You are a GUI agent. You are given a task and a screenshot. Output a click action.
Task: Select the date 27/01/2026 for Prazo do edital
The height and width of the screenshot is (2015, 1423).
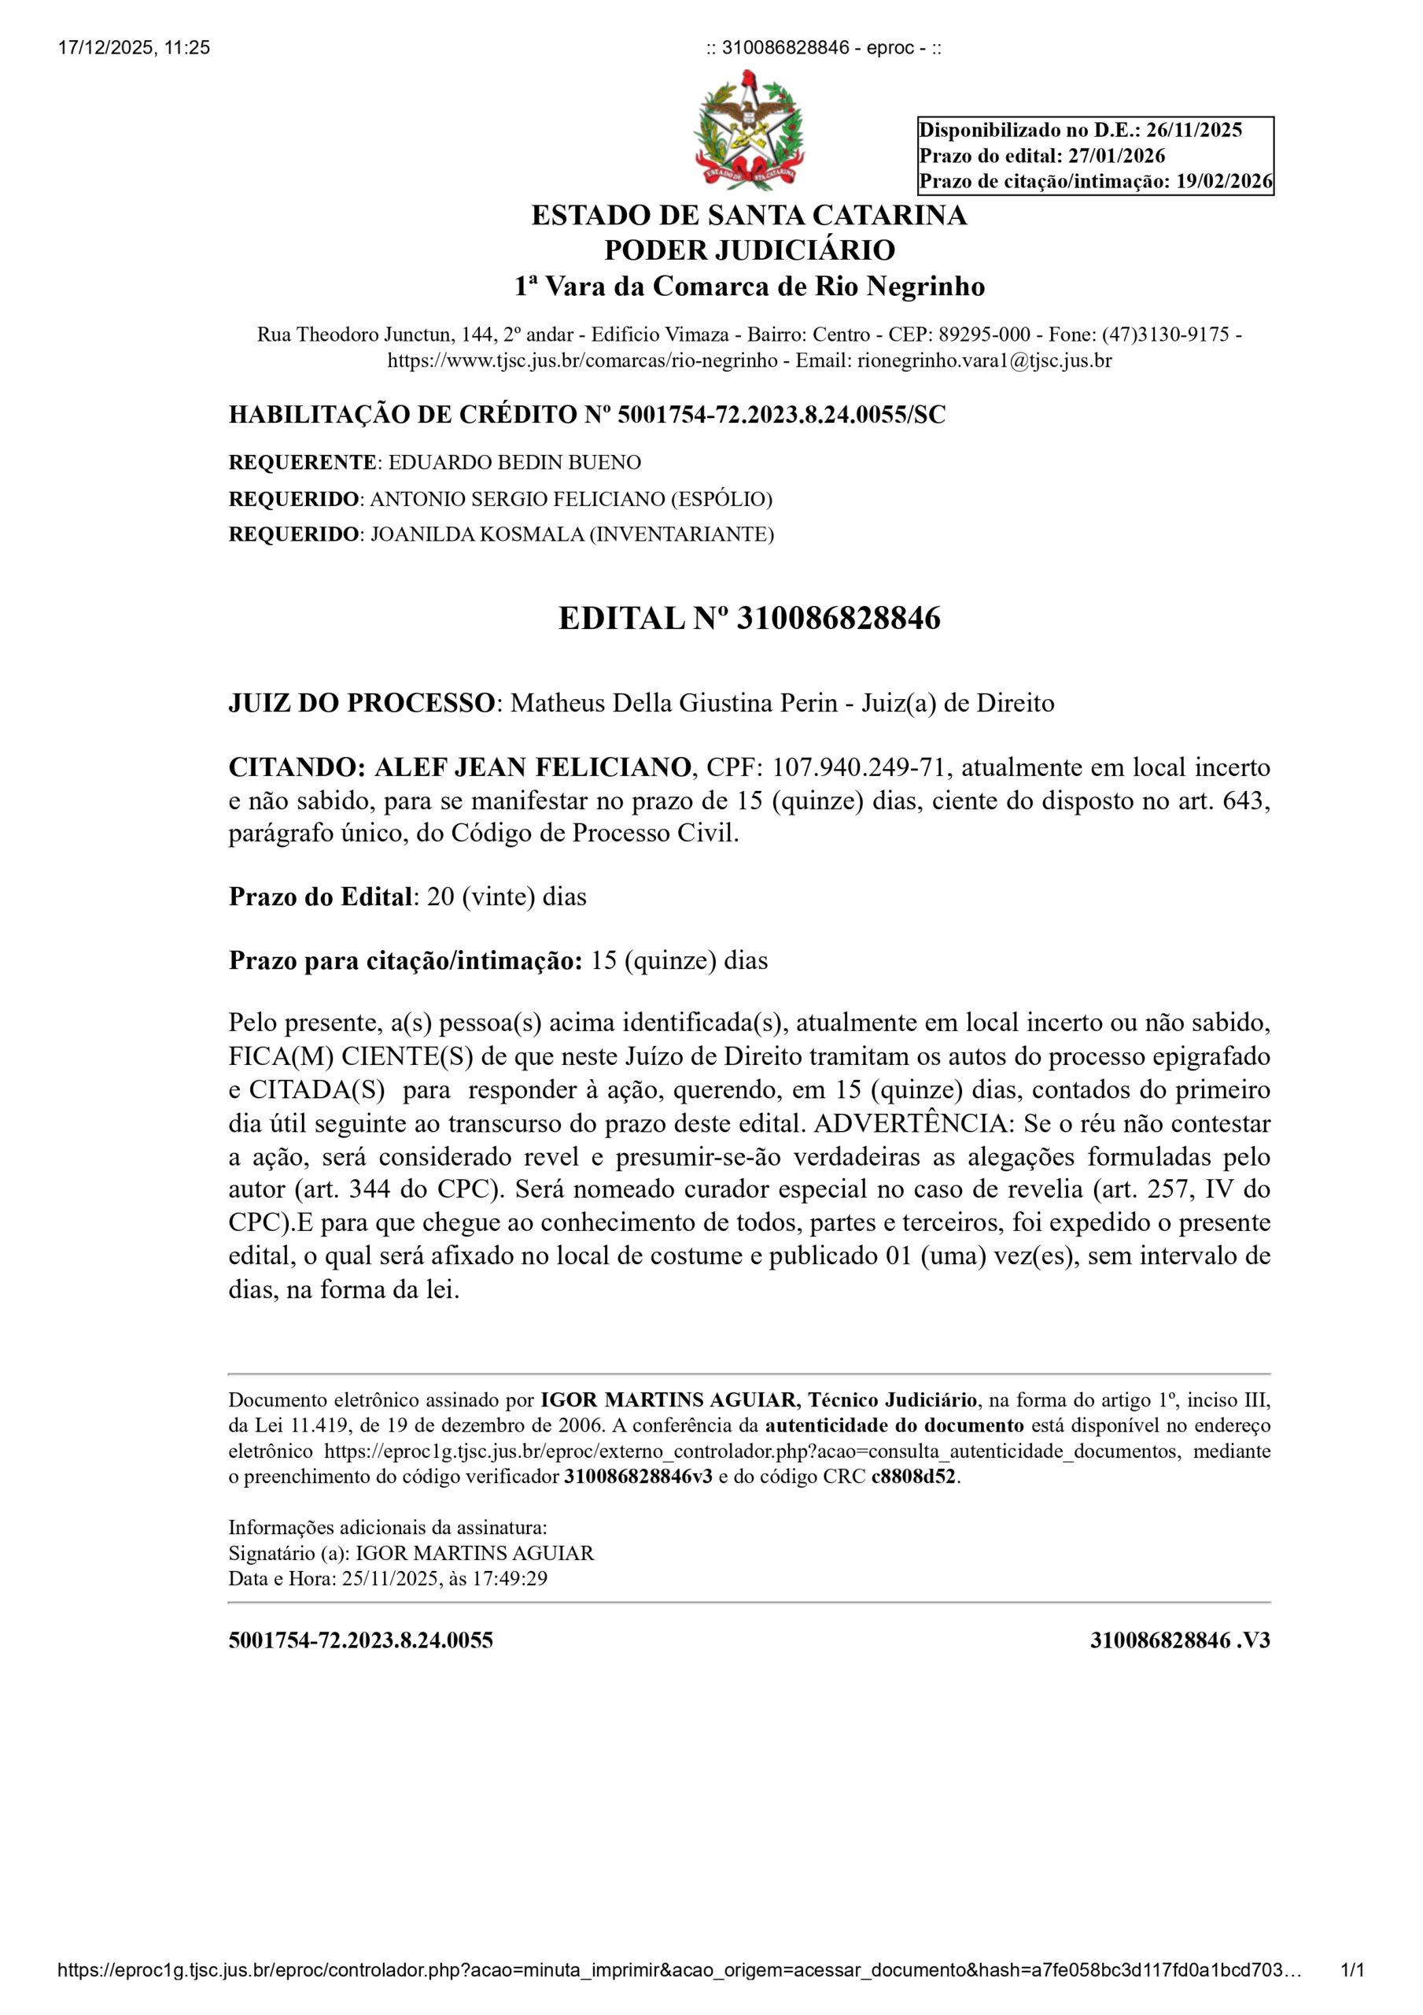[x=1116, y=156]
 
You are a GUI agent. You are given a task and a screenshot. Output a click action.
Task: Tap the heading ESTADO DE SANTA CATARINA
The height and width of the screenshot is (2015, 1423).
[x=748, y=215]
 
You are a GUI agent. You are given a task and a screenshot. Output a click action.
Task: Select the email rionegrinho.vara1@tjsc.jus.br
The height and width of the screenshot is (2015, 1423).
[x=984, y=360]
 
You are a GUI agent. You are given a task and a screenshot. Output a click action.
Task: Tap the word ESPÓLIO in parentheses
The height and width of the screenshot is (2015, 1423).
[x=721, y=499]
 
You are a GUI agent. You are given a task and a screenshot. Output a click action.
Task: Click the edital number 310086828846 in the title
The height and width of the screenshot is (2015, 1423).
[x=838, y=619]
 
